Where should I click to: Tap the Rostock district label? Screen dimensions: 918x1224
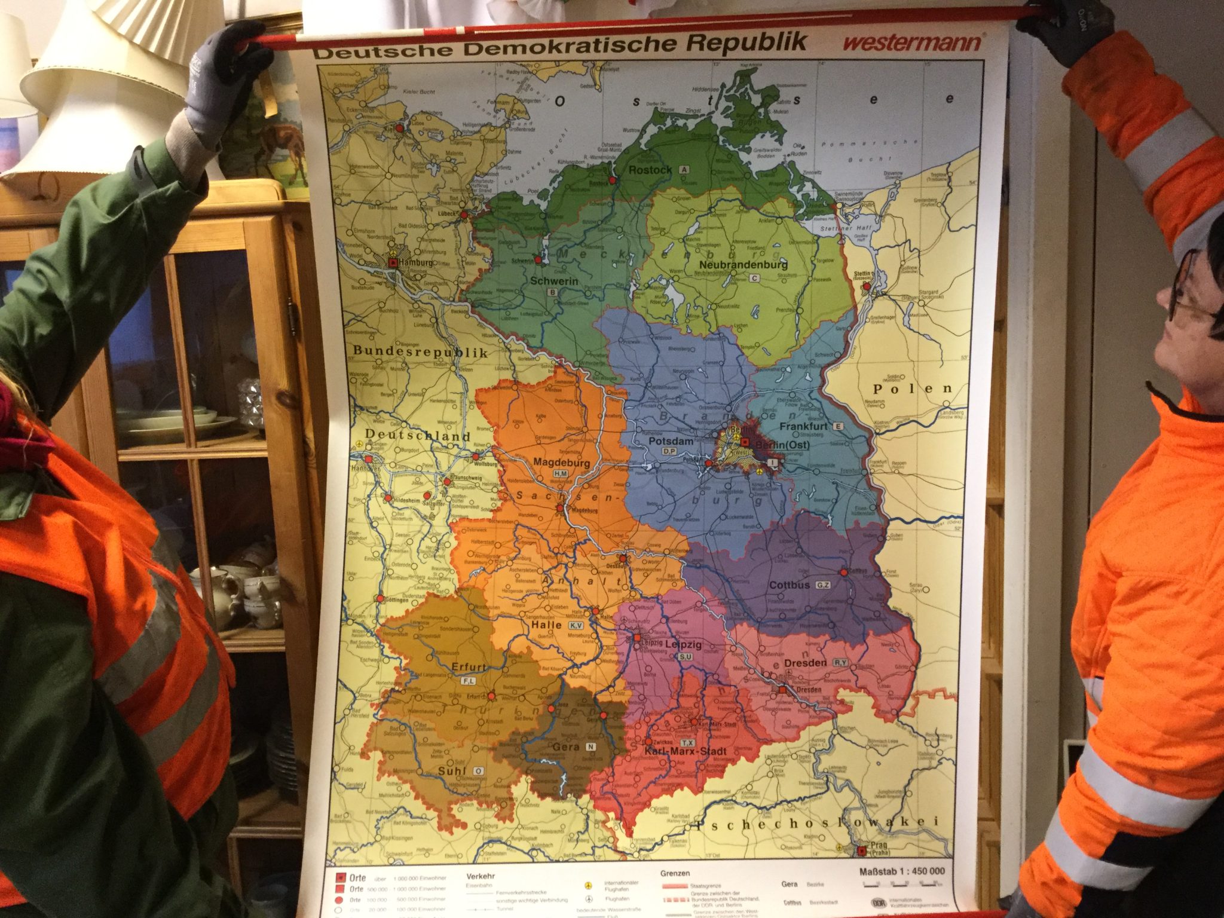click(650, 170)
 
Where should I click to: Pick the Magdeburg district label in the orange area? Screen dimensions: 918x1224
click(561, 463)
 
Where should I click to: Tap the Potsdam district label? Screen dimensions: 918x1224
click(671, 441)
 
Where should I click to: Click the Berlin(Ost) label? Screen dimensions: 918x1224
click(783, 445)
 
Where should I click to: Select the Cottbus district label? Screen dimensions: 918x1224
click(789, 585)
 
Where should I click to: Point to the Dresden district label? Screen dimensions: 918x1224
click(805, 663)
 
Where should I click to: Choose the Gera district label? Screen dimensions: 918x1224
click(565, 747)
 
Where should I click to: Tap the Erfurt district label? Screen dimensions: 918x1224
click(469, 667)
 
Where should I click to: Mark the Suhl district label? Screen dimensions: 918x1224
click(452, 772)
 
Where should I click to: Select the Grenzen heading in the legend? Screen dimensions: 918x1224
click(675, 873)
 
